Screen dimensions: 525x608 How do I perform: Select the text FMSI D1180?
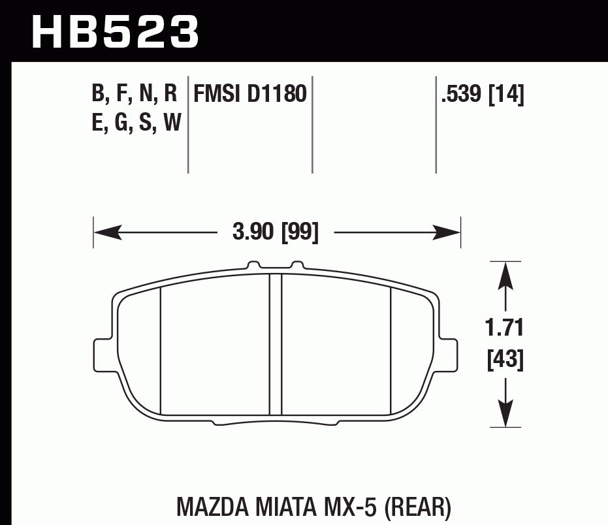249,95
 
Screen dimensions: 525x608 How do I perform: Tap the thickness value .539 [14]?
483,95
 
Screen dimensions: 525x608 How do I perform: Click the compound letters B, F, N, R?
135,95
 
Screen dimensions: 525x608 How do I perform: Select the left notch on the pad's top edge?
252,266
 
